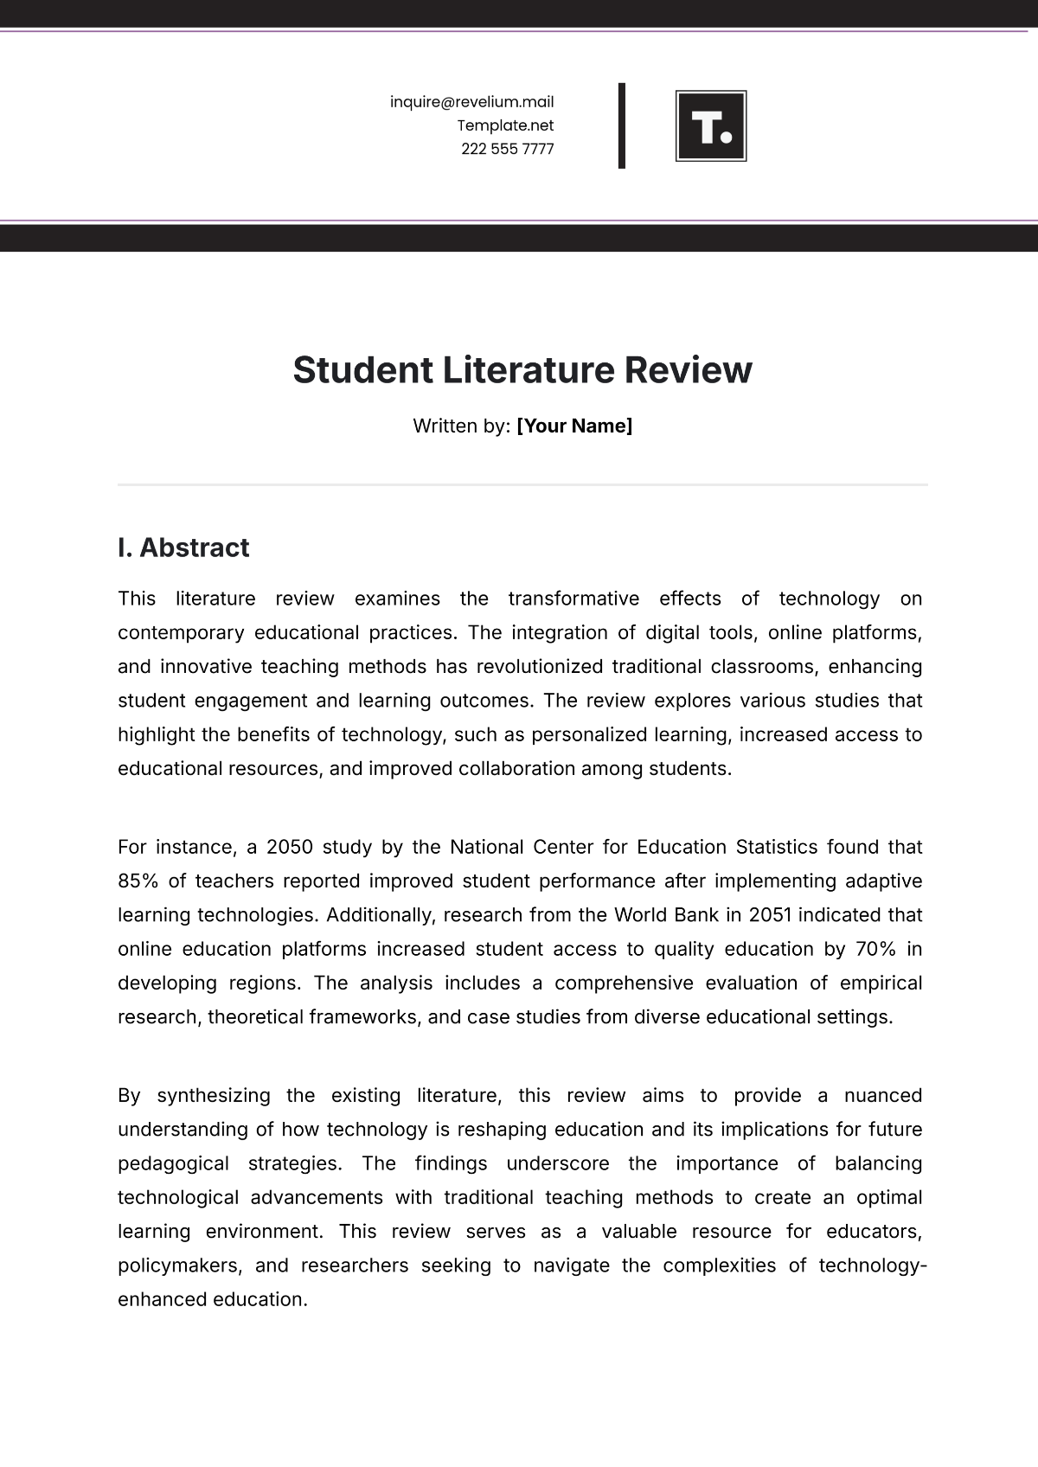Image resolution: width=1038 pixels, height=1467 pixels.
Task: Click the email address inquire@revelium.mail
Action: (x=471, y=102)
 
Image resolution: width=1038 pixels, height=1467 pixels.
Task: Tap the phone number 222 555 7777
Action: (x=507, y=149)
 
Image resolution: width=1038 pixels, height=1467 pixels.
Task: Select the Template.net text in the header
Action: (x=505, y=125)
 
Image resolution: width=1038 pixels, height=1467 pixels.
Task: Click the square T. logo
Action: (x=710, y=126)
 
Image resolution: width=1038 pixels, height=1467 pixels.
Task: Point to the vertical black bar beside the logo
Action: (x=621, y=125)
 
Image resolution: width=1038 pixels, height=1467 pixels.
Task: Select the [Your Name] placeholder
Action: (x=574, y=426)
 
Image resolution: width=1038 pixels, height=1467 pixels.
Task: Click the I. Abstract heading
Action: (x=183, y=548)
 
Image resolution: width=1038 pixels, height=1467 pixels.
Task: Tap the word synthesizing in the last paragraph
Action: (x=213, y=1095)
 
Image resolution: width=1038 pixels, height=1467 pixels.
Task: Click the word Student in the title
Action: (x=362, y=370)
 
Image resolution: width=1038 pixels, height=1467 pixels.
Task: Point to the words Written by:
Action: (x=461, y=426)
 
